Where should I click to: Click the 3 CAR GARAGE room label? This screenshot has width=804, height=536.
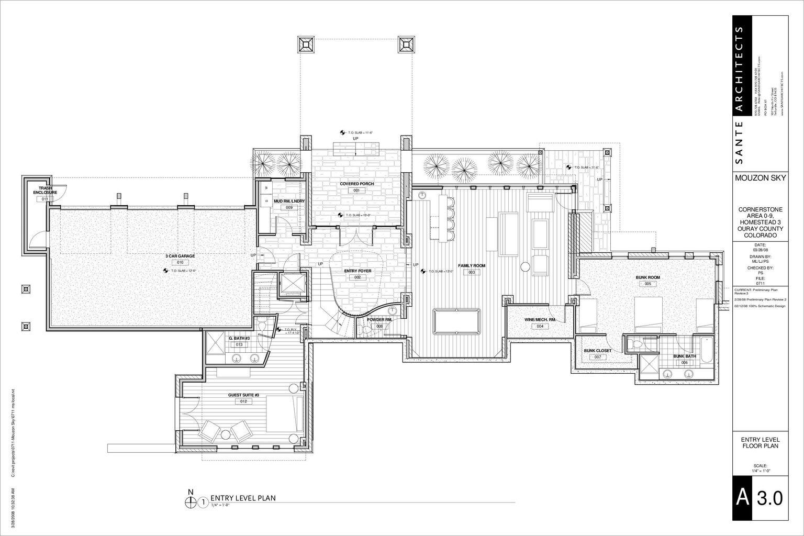[180, 256]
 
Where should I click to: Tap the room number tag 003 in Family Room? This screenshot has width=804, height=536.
[471, 273]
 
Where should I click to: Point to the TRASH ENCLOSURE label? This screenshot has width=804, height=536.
[44, 190]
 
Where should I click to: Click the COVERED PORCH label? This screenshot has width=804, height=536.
[356, 184]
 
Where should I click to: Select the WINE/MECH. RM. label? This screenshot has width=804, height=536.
[540, 319]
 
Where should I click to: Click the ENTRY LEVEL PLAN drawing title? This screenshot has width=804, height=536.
[242, 498]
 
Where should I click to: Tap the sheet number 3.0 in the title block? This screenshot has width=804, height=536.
[769, 498]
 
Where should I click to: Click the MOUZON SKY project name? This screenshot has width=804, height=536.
[760, 178]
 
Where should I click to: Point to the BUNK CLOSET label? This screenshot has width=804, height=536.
[597, 351]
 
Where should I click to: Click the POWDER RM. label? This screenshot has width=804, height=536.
[379, 319]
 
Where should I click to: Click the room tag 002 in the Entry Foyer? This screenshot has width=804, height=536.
[358, 277]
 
